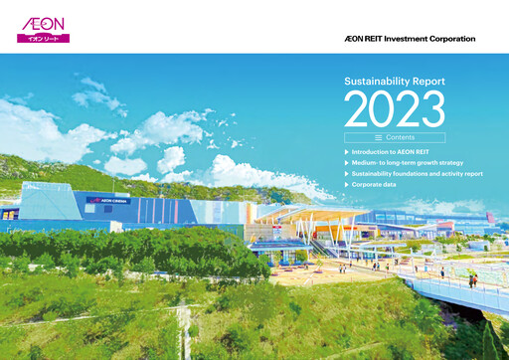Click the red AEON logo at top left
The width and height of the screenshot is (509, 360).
click(43, 21)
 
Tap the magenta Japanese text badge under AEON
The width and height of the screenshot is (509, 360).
click(43, 38)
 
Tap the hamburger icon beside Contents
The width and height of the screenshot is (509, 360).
click(379, 137)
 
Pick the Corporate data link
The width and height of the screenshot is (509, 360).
click(379, 185)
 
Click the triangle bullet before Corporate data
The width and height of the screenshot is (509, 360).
click(346, 185)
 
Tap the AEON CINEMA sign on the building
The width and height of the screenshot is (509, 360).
click(115, 200)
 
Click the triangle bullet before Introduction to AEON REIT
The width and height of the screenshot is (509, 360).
click(346, 152)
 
